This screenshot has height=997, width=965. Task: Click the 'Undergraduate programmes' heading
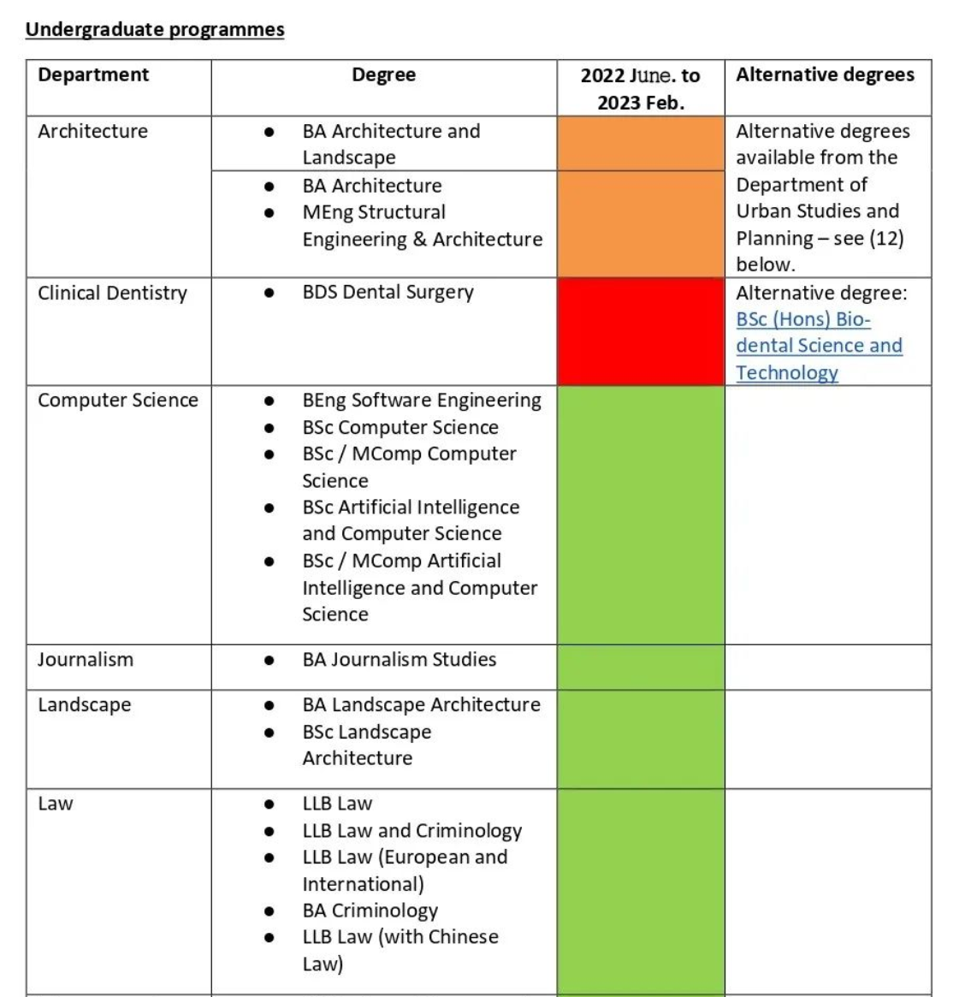[155, 30]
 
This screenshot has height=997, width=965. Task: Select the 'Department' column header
[93, 75]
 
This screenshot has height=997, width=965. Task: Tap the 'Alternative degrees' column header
[825, 75]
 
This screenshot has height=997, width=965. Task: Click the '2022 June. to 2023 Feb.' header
[640, 89]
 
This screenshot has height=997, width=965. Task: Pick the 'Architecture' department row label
[92, 132]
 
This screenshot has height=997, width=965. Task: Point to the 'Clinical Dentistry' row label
[112, 294]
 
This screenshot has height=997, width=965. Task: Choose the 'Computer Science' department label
[118, 401]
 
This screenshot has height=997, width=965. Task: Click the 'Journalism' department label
[86, 660]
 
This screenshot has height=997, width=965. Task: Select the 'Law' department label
[56, 804]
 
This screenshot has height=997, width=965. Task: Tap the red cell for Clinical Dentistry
[640, 331]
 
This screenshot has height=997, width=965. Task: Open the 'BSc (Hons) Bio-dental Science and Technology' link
[819, 346]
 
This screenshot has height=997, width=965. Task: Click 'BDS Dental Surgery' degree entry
[388, 293]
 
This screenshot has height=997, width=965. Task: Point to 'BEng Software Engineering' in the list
[422, 401]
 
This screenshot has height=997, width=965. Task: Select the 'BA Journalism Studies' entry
[399, 660]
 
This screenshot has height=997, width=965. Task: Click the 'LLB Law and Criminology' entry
[411, 831]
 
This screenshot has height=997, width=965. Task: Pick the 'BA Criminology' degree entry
[370, 911]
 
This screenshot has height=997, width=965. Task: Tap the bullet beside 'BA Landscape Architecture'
[269, 706]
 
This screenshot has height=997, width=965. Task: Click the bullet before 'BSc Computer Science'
[269, 428]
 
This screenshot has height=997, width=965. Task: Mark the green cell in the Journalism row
[640, 667]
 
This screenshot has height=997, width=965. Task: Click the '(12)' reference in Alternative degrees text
[886, 239]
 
